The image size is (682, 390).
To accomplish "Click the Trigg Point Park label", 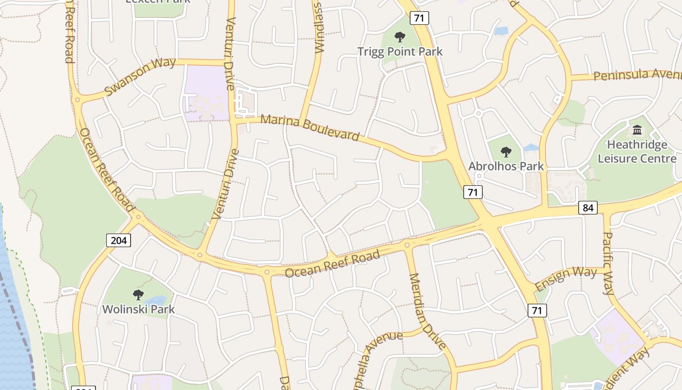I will click(x=400, y=51).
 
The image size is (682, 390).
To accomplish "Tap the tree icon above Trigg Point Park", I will click(x=400, y=37).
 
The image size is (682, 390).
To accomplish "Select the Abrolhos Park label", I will click(x=506, y=166).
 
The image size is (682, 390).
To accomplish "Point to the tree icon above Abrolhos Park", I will click(x=506, y=152).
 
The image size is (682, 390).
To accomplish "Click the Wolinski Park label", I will click(x=138, y=309).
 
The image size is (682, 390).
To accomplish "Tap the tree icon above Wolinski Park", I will click(x=138, y=294).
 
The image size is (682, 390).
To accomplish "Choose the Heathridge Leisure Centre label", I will click(x=637, y=152).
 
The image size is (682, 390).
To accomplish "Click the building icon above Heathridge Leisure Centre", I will click(x=637, y=130).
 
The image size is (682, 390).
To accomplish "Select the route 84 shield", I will click(x=588, y=208).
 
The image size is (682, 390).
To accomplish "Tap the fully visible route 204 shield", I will click(x=119, y=240).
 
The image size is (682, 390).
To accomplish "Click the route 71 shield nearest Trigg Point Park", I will click(x=419, y=19).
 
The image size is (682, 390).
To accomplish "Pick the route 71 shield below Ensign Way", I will click(x=537, y=310).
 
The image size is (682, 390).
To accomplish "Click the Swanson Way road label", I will click(x=140, y=77).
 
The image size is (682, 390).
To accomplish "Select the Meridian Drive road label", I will click(x=427, y=311).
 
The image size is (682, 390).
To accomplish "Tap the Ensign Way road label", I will click(x=566, y=278).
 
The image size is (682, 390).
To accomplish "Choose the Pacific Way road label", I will click(x=608, y=263).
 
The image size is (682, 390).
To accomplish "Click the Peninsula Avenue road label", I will click(x=637, y=75).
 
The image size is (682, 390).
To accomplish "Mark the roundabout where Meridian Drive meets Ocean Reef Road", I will click(x=407, y=245).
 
